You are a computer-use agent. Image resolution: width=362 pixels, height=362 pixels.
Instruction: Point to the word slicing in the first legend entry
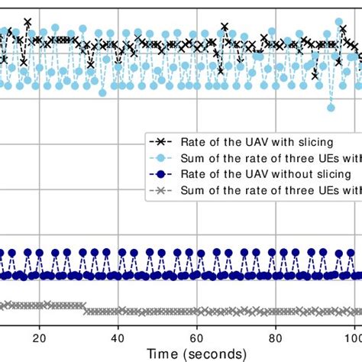(289, 141)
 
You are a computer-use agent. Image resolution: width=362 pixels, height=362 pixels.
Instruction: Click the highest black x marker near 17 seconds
(27, 22)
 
